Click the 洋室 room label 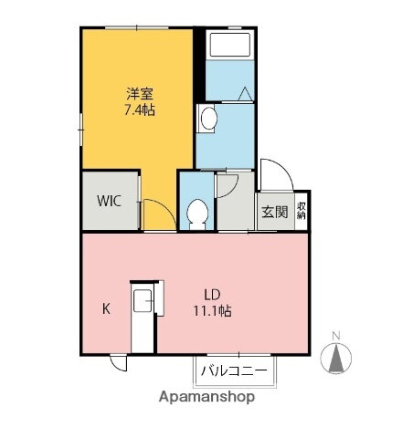tap(139, 94)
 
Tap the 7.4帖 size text tap(139, 109)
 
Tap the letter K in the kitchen tap(106, 309)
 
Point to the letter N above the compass tap(337, 334)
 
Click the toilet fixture tap(196, 213)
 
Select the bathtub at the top tap(228, 45)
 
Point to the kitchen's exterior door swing tap(120, 363)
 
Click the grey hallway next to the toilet tap(235, 205)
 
